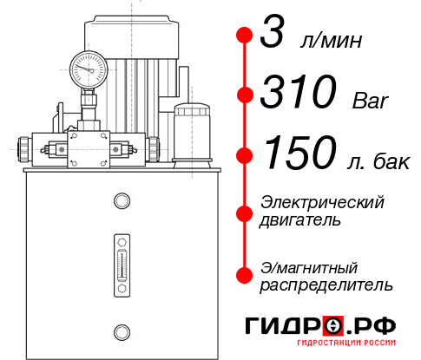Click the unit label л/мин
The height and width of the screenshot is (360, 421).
coord(328,41)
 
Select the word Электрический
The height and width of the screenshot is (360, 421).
coord(321,202)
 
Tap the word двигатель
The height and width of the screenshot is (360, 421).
coord(300,220)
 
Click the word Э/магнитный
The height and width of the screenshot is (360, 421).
coord(309,266)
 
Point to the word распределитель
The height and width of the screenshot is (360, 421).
coord(326,284)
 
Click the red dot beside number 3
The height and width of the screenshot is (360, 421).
coord(244,36)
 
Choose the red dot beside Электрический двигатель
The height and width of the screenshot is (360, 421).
coord(244,213)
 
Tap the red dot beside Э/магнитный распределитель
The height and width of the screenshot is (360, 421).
coord(244,274)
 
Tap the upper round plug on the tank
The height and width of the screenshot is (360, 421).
coord(121,202)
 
